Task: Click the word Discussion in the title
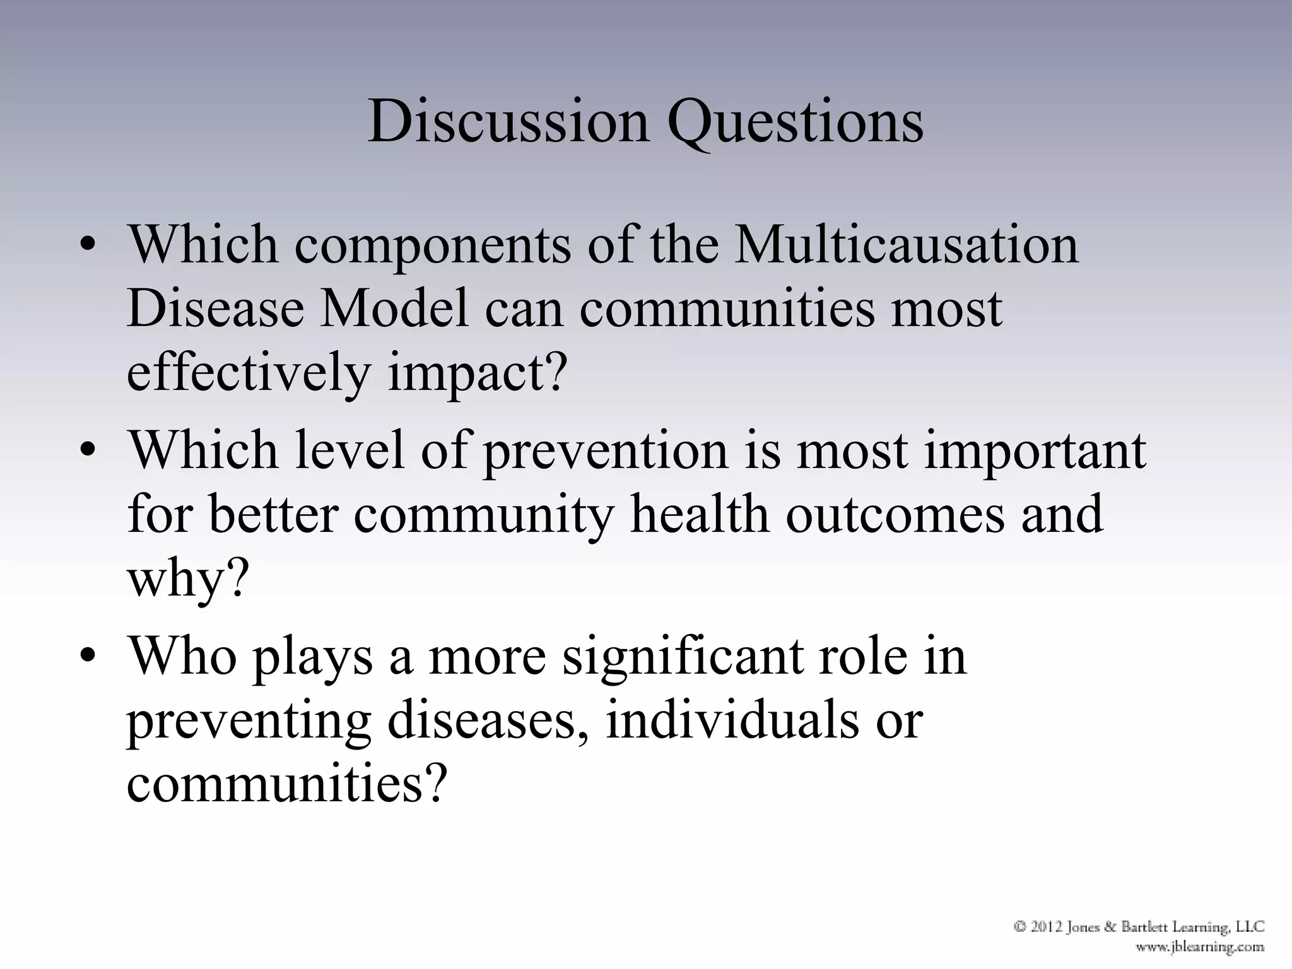[508, 121]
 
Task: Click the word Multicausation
[907, 245]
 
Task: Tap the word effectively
[249, 373]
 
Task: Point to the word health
[700, 514]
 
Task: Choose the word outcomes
[895, 515]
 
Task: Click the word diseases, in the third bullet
[488, 720]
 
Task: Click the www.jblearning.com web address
[1199, 947]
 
